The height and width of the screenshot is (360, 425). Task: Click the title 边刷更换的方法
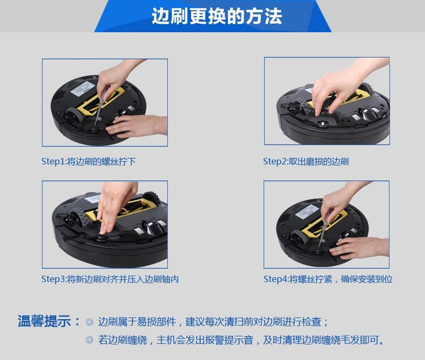(217, 16)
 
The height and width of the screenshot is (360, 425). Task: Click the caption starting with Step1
(88, 161)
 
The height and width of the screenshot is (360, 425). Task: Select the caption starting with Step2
(306, 161)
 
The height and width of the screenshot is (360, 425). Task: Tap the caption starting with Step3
(110, 279)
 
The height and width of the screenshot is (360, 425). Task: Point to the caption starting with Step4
(328, 279)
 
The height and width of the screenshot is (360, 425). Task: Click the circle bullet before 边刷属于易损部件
(90, 322)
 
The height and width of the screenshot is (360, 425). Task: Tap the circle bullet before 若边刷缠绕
(90, 340)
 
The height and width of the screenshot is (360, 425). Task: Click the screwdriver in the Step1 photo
(100, 107)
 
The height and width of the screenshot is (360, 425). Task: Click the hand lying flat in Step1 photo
(135, 126)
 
